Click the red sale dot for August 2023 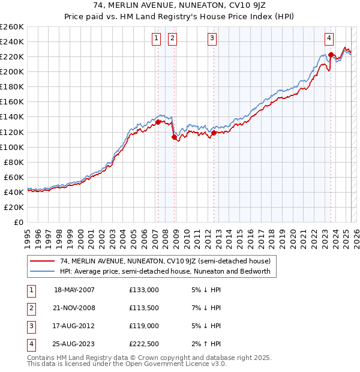tap(331, 55)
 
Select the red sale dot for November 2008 tap(174, 137)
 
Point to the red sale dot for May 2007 tap(158, 122)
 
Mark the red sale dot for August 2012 tap(214, 133)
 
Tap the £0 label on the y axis tap(19, 222)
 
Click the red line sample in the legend tap(43, 261)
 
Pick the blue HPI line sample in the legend tap(43, 271)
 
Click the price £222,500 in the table tap(144, 344)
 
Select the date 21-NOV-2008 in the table tap(74, 308)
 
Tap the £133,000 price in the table tap(144, 290)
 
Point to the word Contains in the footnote tap(42, 358)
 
